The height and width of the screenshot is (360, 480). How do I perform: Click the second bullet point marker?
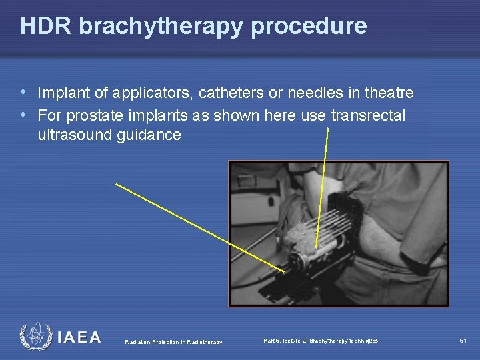pyautogui.click(x=25, y=115)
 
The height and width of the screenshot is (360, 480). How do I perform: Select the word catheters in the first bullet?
pyautogui.click(x=230, y=93)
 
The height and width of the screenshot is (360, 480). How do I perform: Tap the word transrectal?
pyautogui.click(x=367, y=115)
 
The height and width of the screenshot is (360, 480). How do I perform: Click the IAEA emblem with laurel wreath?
pyautogui.click(x=35, y=337)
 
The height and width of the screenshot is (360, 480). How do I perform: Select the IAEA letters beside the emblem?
pyautogui.click(x=79, y=337)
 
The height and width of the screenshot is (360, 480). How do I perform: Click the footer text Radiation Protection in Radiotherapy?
pyautogui.click(x=174, y=342)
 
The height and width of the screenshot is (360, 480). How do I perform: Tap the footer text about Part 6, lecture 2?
pyautogui.click(x=321, y=341)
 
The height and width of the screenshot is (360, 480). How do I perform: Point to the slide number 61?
pyautogui.click(x=463, y=341)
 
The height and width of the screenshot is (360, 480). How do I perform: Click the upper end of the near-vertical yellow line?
pyautogui.click(x=329, y=129)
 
